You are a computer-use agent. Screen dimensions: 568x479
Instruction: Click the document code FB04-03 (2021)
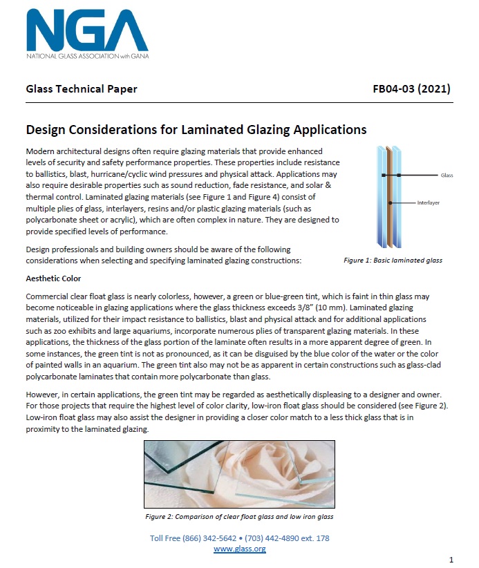(x=411, y=89)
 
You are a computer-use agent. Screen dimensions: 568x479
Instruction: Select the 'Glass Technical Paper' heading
(x=81, y=89)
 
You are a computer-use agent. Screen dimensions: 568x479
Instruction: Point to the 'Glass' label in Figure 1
(x=446, y=176)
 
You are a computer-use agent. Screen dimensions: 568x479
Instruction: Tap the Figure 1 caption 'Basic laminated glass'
(x=393, y=261)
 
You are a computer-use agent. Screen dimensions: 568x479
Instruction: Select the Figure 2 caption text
(x=239, y=516)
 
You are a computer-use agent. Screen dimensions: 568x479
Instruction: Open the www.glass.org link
(x=239, y=548)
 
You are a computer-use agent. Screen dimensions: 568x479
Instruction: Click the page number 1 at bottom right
(x=451, y=558)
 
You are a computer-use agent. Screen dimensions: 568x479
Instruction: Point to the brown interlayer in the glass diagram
(x=390, y=197)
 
